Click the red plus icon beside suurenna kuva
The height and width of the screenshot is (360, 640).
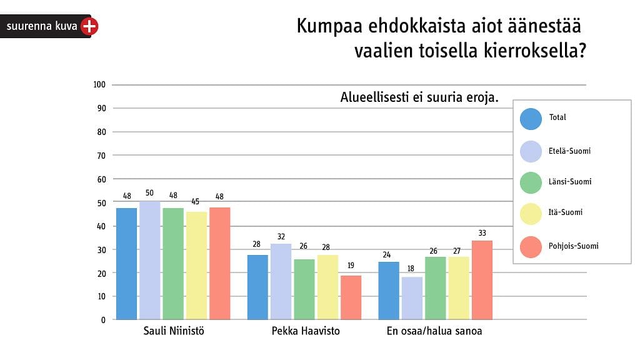tap(90, 26)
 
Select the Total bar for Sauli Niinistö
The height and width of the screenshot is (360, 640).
tap(126, 264)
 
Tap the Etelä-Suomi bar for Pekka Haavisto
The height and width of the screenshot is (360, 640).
tap(281, 282)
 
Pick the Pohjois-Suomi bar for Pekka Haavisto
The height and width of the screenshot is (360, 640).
tap(351, 297)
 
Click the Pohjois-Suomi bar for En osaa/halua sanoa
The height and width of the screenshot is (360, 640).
tap(482, 280)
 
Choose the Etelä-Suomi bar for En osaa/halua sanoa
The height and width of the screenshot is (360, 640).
tap(412, 298)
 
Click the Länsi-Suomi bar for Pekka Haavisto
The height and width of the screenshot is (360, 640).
tap(304, 289)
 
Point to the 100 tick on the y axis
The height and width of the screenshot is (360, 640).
tap(99, 84)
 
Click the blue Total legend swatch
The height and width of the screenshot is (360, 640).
tap(531, 119)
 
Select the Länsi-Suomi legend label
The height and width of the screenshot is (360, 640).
tap(570, 182)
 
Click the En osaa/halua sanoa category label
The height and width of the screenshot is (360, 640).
tap(434, 331)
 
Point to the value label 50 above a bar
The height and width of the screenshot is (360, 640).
tap(149, 193)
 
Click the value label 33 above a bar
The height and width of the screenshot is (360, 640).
tap(482, 232)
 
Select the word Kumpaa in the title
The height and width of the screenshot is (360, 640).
tap(326, 27)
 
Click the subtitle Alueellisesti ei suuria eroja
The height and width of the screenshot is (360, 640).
tap(419, 98)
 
